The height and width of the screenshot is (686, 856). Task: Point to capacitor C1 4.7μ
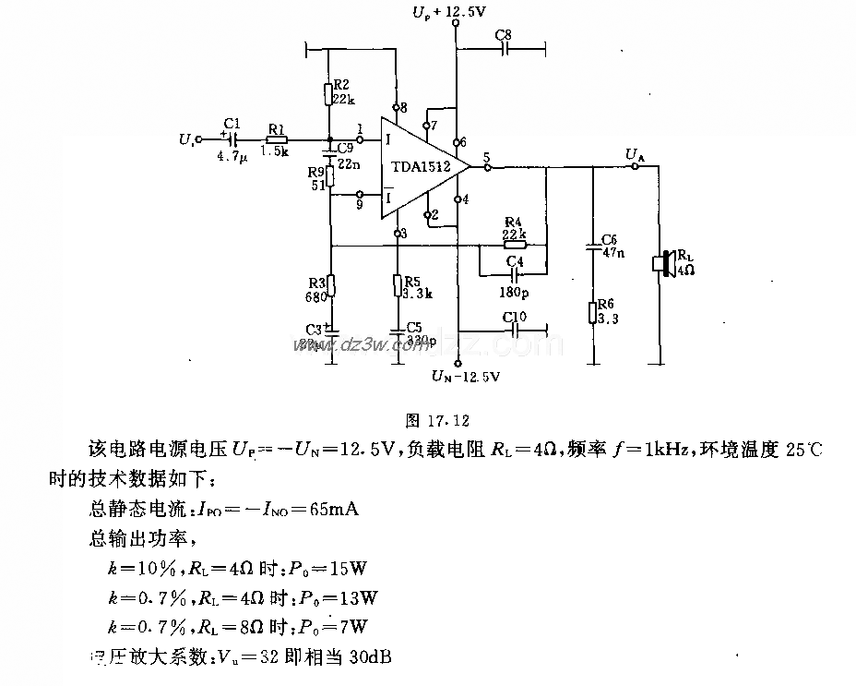click(x=231, y=141)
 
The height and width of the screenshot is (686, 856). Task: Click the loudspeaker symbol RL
click(x=660, y=263)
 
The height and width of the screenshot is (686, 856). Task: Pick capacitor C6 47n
click(x=593, y=247)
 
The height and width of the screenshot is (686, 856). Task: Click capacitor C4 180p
click(x=513, y=274)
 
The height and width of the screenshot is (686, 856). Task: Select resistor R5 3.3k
click(x=398, y=284)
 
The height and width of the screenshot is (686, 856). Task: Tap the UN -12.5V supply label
click(x=466, y=377)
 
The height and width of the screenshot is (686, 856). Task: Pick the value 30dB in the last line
click(x=356, y=656)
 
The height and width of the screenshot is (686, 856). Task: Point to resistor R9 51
click(x=330, y=178)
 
